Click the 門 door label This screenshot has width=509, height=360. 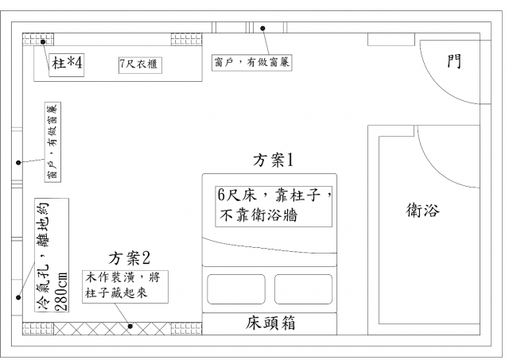click(454, 61)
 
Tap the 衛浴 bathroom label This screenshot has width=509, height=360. click(422, 210)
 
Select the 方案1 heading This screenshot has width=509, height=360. click(273, 161)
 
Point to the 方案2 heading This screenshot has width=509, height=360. click(129, 258)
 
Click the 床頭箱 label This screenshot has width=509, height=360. click(270, 323)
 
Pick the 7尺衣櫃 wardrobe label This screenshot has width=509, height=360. click(140, 64)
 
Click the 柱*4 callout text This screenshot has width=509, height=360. click(67, 63)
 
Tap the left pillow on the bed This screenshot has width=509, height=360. click(236, 289)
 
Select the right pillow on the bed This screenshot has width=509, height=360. click(303, 289)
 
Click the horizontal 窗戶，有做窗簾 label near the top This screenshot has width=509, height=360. click(251, 62)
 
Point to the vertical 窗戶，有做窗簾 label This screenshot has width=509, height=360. click(52, 142)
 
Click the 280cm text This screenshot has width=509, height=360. click(61, 291)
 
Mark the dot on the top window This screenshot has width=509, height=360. click(263, 29)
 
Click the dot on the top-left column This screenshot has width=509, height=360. click(43, 42)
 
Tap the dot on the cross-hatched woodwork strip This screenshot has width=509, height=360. click(130, 327)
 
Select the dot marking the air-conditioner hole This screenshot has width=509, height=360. click(18, 297)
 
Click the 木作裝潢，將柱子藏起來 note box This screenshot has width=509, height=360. click(125, 287)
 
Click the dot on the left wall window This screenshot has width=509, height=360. click(18, 162)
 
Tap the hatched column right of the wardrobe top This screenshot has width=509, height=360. click(186, 39)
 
